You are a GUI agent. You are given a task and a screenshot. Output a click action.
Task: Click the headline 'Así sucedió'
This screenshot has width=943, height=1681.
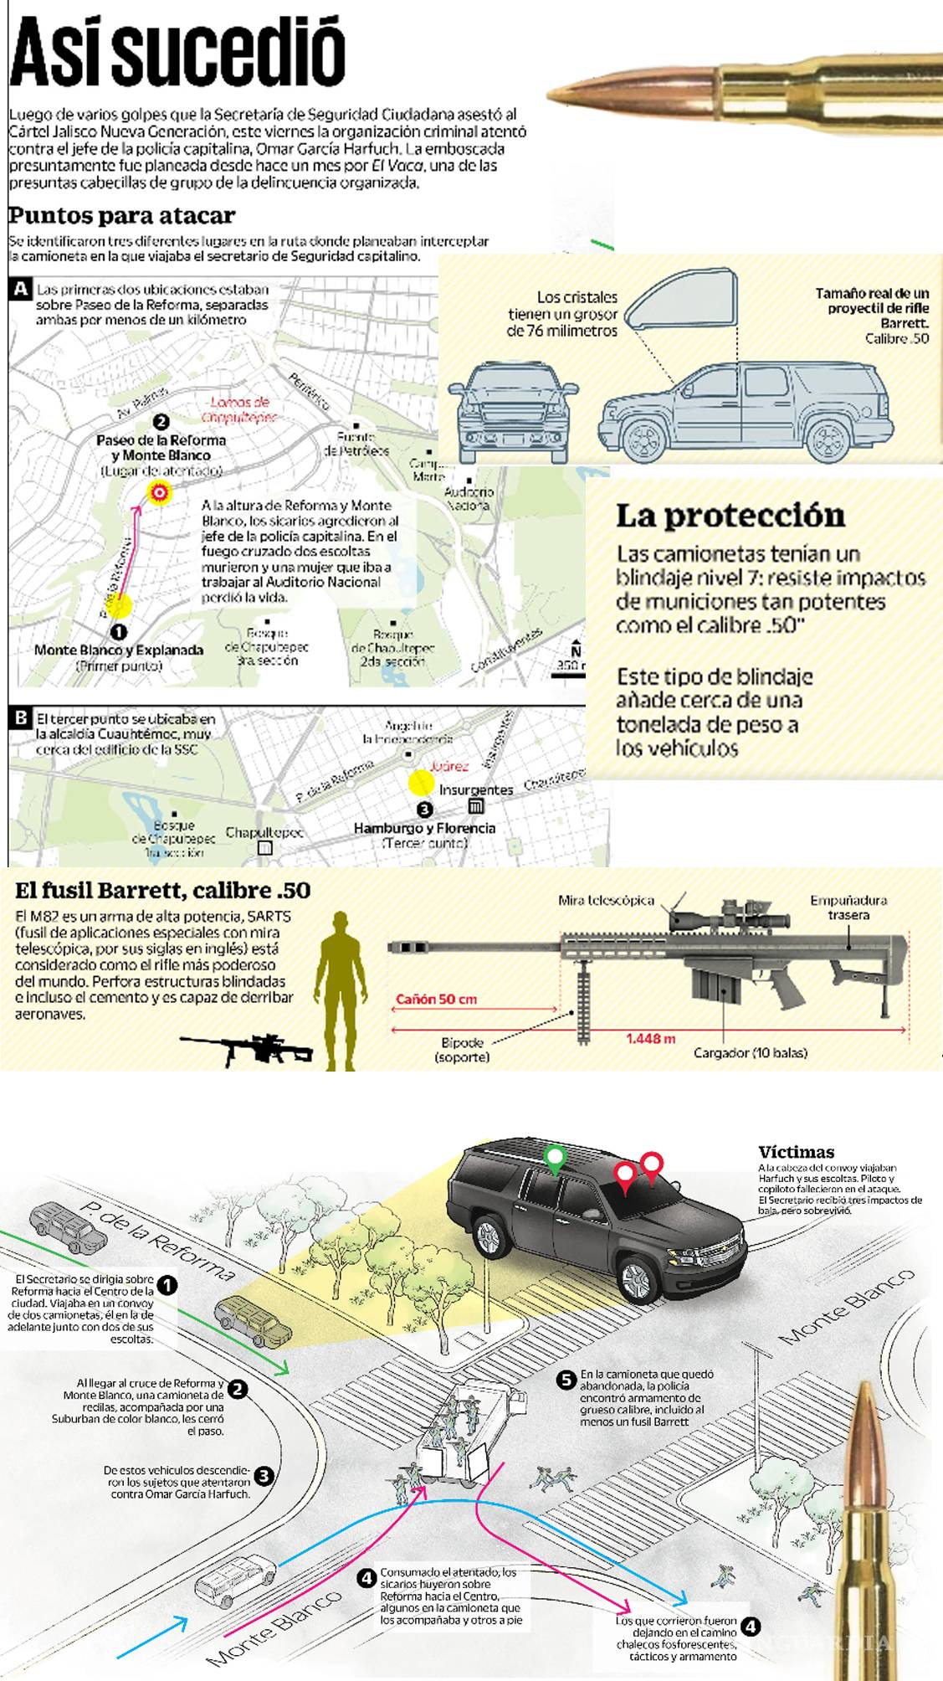pos(177,52)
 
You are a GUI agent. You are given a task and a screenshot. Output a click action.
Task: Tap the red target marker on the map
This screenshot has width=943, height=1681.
pos(158,493)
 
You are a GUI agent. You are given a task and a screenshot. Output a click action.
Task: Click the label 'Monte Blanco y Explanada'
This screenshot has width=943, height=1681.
pos(119,650)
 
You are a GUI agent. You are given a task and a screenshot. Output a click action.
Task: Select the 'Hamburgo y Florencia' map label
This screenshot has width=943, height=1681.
pos(424,828)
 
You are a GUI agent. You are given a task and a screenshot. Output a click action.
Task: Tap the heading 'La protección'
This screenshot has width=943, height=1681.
pos(730,516)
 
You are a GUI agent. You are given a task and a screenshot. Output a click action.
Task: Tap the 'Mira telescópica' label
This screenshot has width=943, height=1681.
pos(606,900)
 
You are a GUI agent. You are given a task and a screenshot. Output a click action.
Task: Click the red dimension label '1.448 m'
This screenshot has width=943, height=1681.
pos(650,1038)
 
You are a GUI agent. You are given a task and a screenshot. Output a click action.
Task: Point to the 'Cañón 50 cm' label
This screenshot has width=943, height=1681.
pos(436,999)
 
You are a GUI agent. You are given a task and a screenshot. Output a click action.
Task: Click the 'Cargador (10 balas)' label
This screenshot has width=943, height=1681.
pos(750,1052)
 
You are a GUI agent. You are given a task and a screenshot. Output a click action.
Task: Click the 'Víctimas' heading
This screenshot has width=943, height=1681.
pos(796,1151)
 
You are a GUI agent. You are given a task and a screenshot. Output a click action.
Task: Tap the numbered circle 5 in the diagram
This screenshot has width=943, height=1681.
pos(566,1380)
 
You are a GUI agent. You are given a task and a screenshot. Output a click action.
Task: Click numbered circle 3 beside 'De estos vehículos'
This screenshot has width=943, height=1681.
pos(264,1477)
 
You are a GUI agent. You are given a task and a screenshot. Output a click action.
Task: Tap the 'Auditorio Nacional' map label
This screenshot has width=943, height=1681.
pos(469,499)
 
